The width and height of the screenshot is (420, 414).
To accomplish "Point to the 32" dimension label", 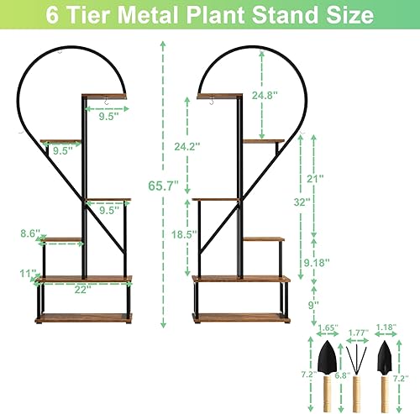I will coord(300,202).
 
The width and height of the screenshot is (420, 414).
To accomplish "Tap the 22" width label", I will coord(81,290).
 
